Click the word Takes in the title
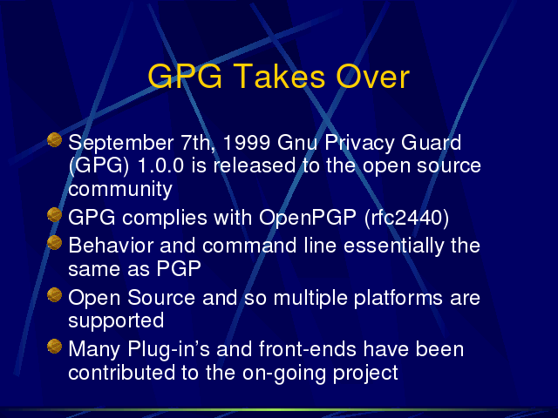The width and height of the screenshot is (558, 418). click(x=279, y=77)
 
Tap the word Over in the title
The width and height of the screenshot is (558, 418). click(x=373, y=77)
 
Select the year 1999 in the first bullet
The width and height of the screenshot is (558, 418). click(x=246, y=143)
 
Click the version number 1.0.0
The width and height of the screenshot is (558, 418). click(x=160, y=165)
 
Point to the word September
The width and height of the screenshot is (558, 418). click(x=120, y=144)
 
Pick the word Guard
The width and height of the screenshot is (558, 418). click(x=431, y=142)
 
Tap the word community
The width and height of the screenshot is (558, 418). click(x=120, y=190)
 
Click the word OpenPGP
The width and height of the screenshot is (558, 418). click(x=308, y=218)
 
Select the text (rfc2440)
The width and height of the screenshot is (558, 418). click(x=406, y=218)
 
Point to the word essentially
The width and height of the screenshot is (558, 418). click(x=394, y=246)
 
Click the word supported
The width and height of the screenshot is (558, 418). click(x=116, y=321)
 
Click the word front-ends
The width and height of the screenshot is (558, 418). click(x=308, y=349)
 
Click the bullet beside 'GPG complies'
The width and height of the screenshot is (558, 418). click(x=54, y=215)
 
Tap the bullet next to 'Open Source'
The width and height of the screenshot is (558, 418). click(x=54, y=294)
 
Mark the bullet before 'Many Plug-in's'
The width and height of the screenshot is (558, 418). click(x=54, y=347)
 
